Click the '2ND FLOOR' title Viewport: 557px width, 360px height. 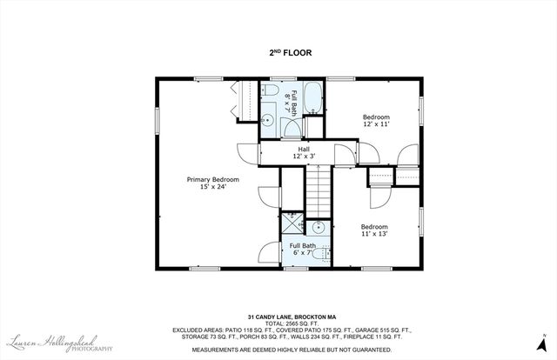click(290, 53)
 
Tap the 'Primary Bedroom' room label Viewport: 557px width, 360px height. click(212, 179)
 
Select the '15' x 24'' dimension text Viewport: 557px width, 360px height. click(212, 187)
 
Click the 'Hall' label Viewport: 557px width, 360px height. click(304, 150)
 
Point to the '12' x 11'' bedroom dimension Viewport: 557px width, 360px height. click(376, 124)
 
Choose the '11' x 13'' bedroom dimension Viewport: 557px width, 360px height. click(375, 234)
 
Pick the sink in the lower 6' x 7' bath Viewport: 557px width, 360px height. click(319, 227)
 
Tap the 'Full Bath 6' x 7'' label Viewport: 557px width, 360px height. click(302, 250)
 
